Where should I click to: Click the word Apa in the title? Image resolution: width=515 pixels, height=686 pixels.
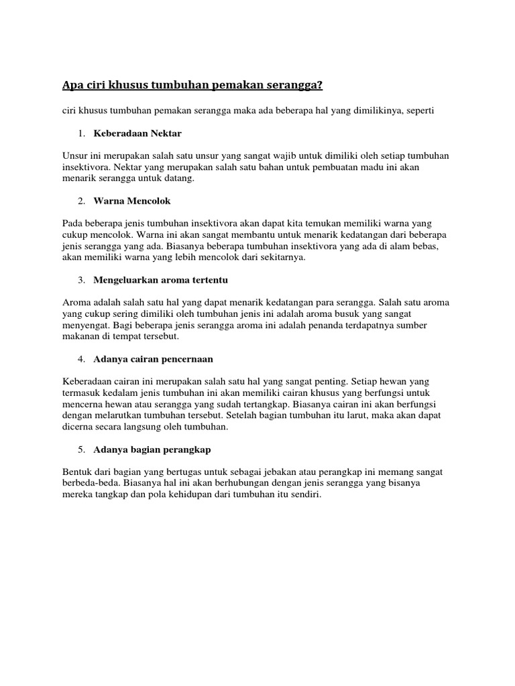click(x=72, y=85)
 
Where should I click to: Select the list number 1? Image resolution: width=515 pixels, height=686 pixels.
click(x=80, y=133)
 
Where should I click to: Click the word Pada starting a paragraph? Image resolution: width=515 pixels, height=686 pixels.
click(x=72, y=223)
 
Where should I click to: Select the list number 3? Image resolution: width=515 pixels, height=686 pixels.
click(x=80, y=279)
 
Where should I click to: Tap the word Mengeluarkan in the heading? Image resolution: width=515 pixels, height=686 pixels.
click(x=125, y=279)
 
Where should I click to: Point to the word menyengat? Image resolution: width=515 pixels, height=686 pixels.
click(x=82, y=325)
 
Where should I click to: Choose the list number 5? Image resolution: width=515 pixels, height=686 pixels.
click(x=80, y=450)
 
